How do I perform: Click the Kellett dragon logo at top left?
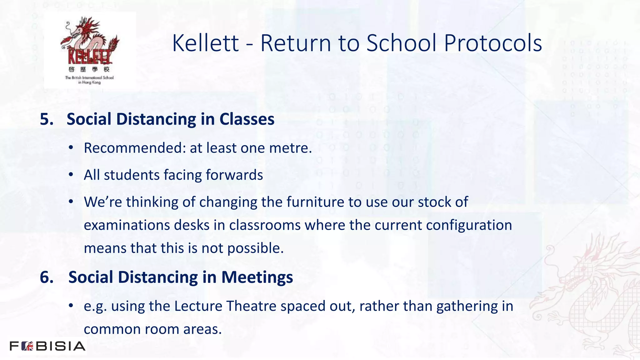90,50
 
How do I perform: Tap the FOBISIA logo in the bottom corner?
47,346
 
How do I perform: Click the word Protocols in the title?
493,43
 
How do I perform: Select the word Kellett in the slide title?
205,43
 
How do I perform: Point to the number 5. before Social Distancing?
47,119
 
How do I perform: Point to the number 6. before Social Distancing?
47,277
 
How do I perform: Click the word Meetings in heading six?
257,277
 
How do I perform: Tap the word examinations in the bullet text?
127,225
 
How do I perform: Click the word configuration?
469,225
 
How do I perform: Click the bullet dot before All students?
71,174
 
